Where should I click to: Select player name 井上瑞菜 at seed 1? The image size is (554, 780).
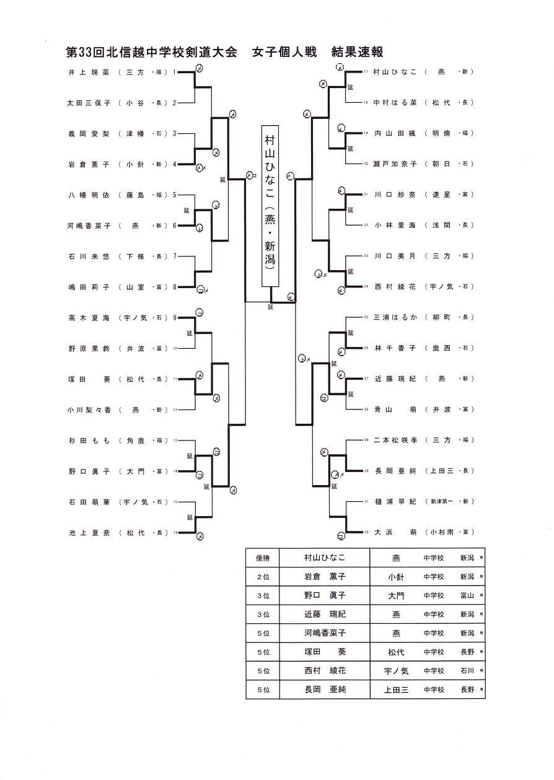click(x=89, y=72)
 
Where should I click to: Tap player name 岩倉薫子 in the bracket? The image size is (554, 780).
click(x=89, y=165)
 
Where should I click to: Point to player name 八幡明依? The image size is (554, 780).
click(x=89, y=195)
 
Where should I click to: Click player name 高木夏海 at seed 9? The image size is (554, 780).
click(x=89, y=318)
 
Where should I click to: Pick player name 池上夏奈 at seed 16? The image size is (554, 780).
click(x=89, y=533)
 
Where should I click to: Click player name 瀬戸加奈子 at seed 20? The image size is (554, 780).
click(x=395, y=164)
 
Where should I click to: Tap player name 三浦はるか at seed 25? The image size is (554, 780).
click(x=395, y=317)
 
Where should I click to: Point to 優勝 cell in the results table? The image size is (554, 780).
click(x=263, y=558)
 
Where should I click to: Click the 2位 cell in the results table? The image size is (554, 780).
click(x=263, y=577)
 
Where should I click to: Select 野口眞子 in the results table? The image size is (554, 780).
click(x=324, y=595)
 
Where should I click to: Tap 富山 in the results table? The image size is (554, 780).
click(x=467, y=595)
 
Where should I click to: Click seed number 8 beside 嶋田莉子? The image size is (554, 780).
click(x=175, y=287)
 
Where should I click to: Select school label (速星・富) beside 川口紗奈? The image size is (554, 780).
click(x=450, y=195)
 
